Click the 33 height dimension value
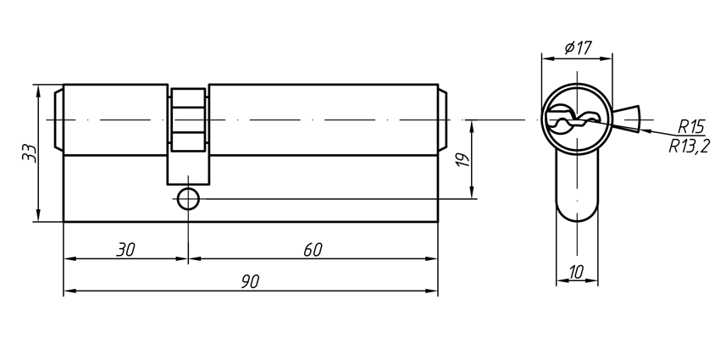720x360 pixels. coord(29,153)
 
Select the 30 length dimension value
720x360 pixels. coord(125,249)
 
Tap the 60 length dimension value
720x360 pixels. coord(313,249)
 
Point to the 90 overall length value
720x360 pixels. coord(250,280)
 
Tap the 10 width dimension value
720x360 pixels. coord(576,272)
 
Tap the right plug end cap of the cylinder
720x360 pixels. coord(443,119)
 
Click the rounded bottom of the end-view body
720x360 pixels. coord(576,208)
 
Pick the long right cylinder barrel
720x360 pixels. coord(322,119)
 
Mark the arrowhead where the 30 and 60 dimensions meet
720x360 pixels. coord(188,258)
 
